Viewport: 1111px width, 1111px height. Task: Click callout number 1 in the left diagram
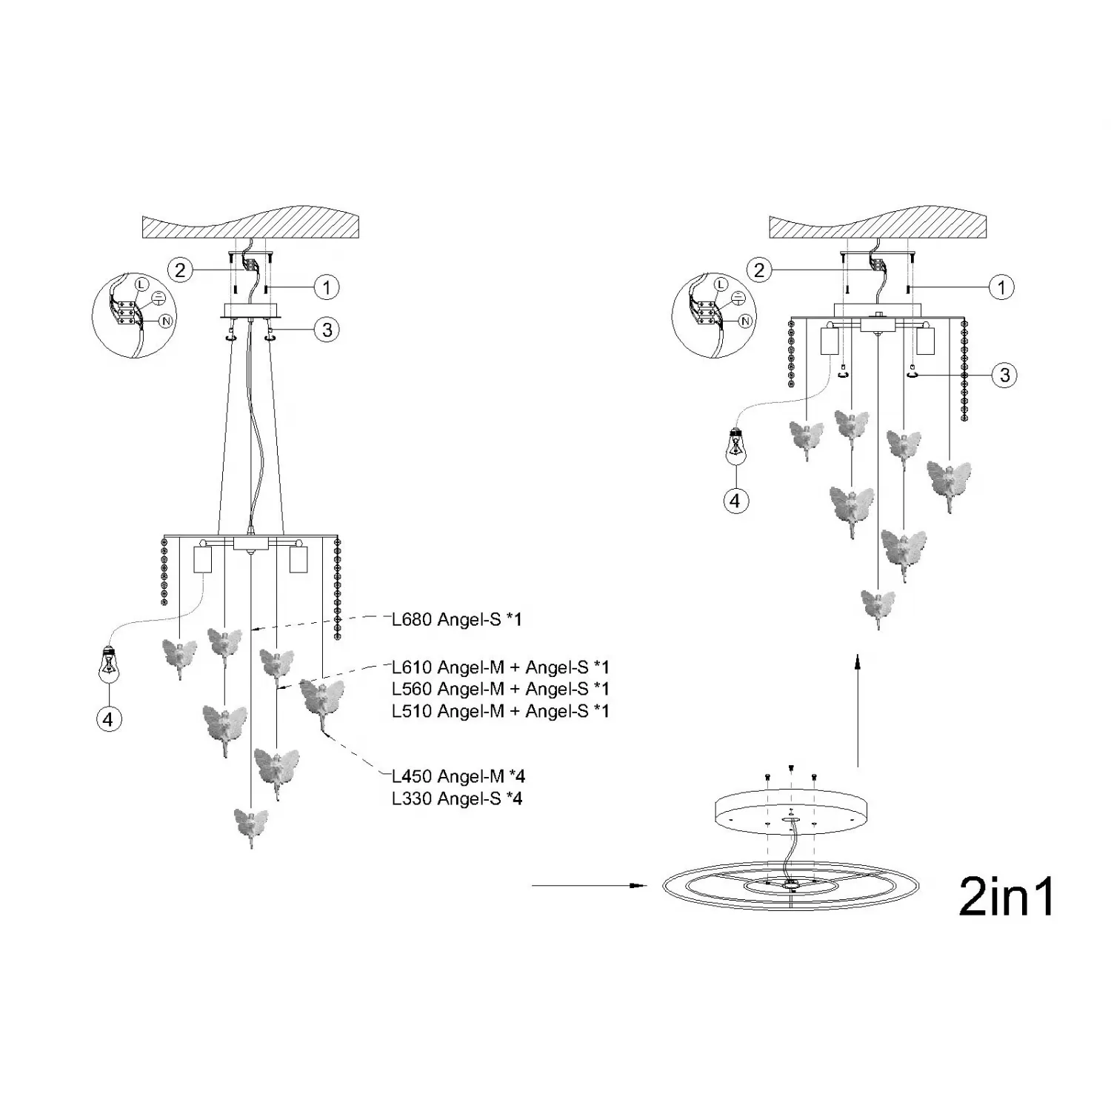pyautogui.click(x=327, y=287)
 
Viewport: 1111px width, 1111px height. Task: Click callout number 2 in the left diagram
pyautogui.click(x=180, y=270)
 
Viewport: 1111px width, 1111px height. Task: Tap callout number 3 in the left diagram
pyautogui.click(x=327, y=330)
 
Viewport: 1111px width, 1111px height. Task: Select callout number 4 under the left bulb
pyautogui.click(x=110, y=718)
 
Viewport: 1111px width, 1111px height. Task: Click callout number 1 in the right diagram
pyautogui.click(x=1002, y=287)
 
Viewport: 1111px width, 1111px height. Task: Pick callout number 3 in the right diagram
pyautogui.click(x=1004, y=375)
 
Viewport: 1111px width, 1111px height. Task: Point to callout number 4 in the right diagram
pyautogui.click(x=735, y=501)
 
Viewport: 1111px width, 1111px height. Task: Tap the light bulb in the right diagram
pyautogui.click(x=735, y=446)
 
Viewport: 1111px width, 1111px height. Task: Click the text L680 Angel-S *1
pyautogui.click(x=457, y=619)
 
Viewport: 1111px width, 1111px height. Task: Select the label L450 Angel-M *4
pyautogui.click(x=458, y=776)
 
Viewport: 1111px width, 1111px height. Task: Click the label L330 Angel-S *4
pyautogui.click(x=457, y=798)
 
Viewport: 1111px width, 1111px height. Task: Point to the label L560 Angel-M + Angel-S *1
pyautogui.click(x=501, y=689)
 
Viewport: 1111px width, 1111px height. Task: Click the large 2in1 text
pyautogui.click(x=1007, y=896)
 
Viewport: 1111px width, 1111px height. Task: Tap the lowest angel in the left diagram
pyautogui.click(x=251, y=827)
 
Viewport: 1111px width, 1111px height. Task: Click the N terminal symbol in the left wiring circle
pyautogui.click(x=166, y=321)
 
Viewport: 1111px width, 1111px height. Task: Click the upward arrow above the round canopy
pyautogui.click(x=857, y=710)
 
